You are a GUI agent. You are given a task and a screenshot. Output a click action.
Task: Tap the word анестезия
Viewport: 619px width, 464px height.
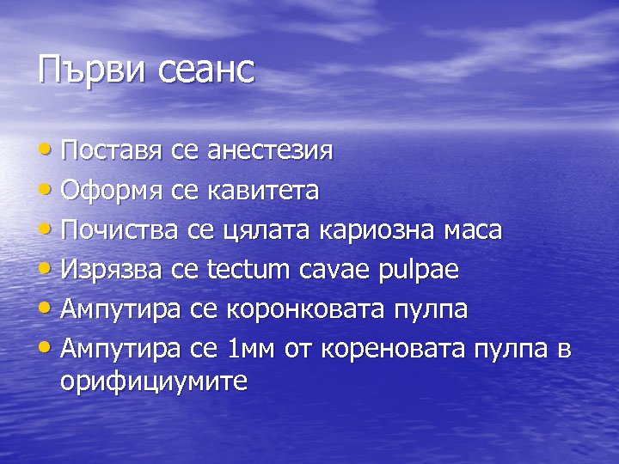point(270,152)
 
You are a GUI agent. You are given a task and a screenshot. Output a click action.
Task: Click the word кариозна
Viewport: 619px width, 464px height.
point(377,230)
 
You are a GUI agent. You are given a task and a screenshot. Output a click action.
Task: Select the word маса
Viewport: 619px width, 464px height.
point(474,230)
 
